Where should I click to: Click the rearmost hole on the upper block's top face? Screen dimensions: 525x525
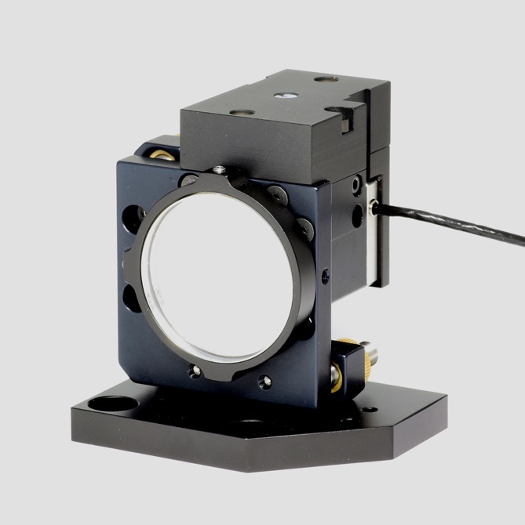[323, 79]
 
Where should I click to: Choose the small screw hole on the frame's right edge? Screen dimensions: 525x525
[324, 273]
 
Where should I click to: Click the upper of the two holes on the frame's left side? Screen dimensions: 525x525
[133, 213]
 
